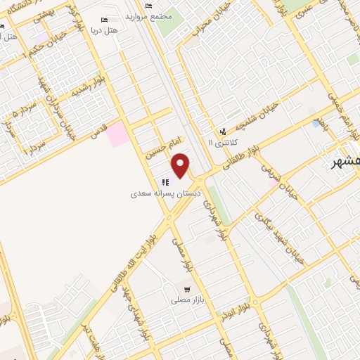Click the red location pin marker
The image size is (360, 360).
181,166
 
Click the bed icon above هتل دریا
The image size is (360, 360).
105,20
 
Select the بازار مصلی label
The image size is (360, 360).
186,300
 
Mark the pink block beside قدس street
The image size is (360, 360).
118,134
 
